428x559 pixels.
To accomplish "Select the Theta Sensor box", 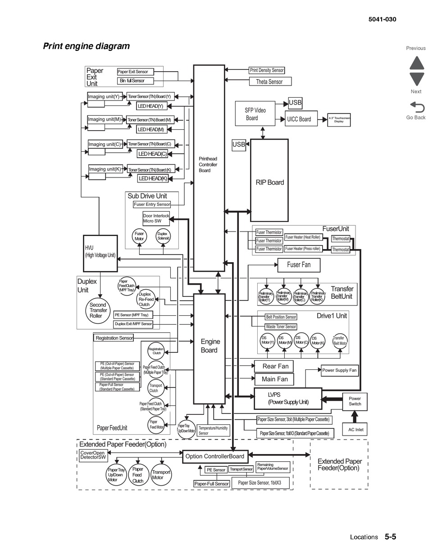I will point(270,82).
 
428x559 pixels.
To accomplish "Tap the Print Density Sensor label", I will point(267,70).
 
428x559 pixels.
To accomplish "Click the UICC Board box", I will point(301,119).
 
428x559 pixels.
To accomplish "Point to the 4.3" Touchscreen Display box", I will point(339,120).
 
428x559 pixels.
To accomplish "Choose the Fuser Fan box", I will point(299,265).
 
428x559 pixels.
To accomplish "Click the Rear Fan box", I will point(274,366).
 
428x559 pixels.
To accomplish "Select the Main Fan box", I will point(274,379).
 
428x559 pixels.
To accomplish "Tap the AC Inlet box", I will point(355,429).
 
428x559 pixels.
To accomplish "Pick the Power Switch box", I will point(355,401).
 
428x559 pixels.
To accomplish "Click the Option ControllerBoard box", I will point(215,456).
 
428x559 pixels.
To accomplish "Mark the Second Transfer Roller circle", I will point(98,310).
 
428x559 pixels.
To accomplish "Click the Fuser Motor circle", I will point(139,236).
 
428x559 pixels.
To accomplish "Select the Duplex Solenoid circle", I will point(162,236).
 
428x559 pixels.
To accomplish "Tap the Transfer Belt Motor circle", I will point(340,341).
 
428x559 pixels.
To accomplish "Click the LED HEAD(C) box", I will point(152,154).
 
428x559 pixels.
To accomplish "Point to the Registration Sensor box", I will point(114,338).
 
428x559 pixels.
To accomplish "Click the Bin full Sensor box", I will point(135,81).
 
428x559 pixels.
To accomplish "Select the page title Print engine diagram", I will point(86,46).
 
